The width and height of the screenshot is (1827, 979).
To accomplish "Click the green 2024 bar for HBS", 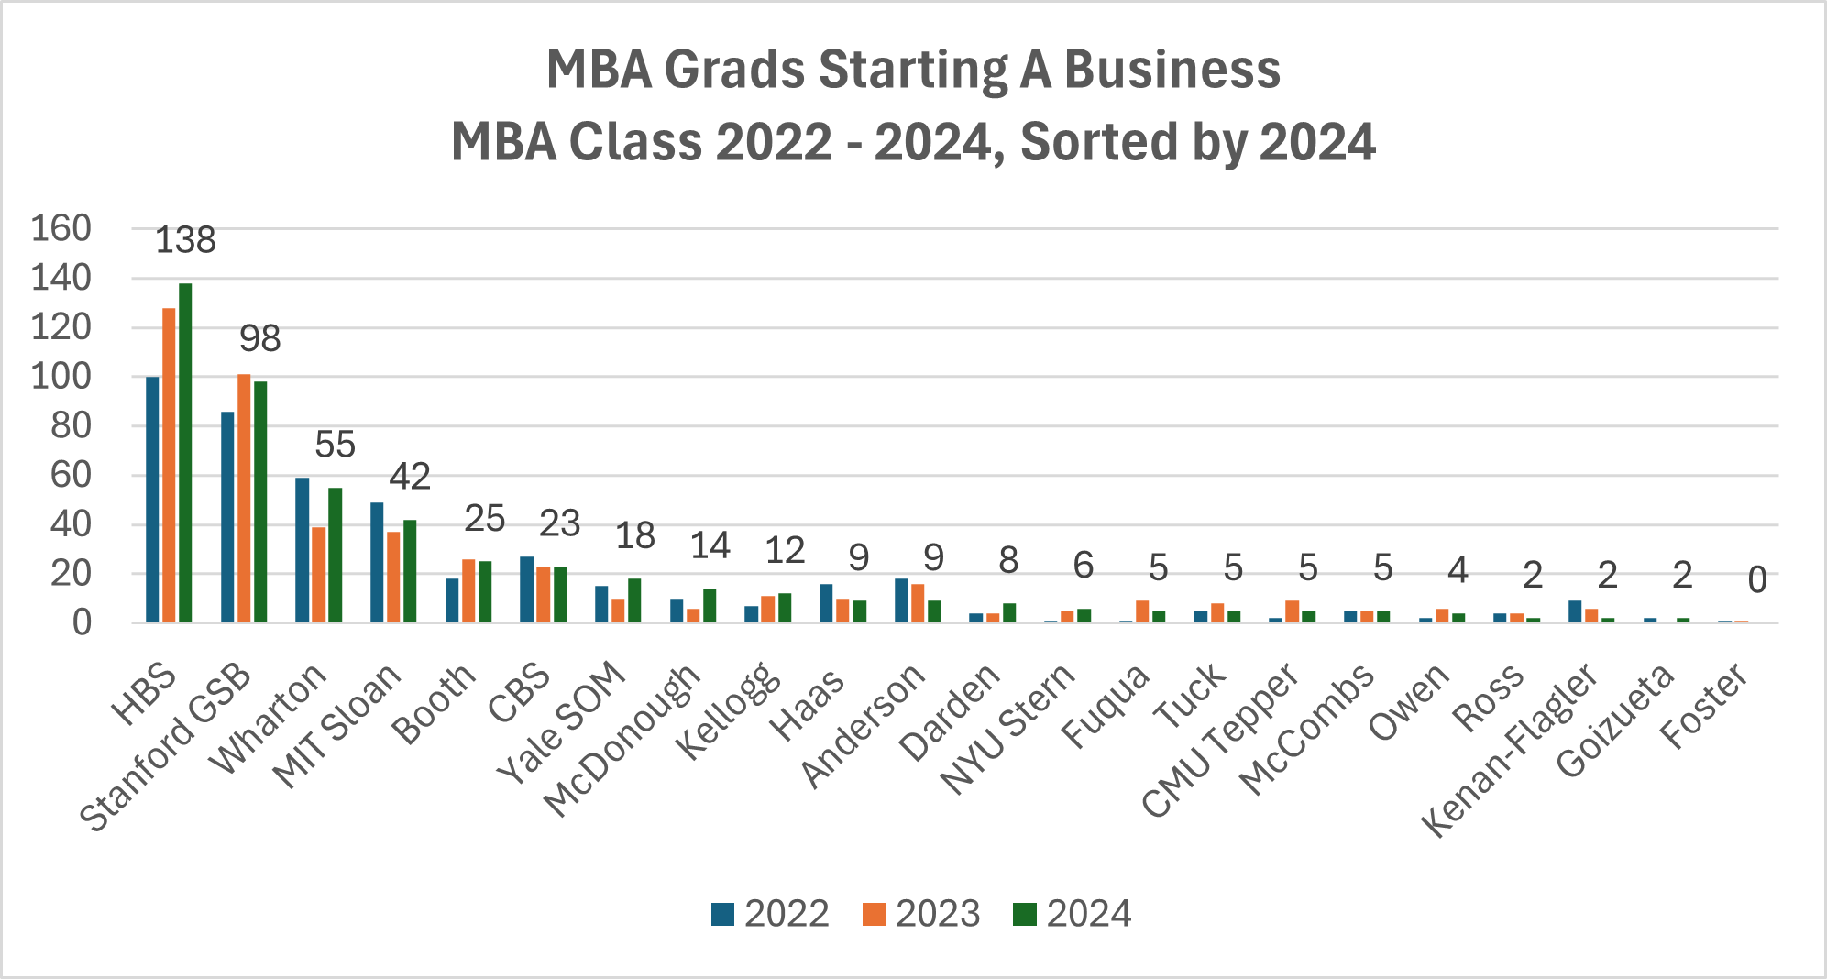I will coord(185,453).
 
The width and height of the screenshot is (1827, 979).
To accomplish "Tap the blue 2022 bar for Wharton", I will coord(303,550).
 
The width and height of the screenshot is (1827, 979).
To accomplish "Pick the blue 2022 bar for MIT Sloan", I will coord(377,562).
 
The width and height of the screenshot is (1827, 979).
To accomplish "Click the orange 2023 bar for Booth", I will coord(468,591).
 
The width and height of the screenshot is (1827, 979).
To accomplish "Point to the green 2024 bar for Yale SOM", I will coord(634,600).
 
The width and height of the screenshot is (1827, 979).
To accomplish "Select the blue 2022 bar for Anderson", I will coord(901,600).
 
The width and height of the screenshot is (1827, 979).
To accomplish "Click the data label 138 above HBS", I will coord(185,240).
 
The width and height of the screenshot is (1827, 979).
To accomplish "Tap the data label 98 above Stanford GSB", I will coord(260,339).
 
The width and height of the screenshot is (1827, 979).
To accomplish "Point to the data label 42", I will coord(410,477).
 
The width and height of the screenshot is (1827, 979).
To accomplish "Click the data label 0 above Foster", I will coord(1756,580).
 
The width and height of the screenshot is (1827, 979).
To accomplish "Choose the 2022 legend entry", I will coord(770,914).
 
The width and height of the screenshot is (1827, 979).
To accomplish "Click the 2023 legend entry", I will coord(921,914).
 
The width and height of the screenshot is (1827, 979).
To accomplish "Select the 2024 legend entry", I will coord(1073,914).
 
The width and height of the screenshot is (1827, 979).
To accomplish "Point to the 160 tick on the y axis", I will coord(61,228).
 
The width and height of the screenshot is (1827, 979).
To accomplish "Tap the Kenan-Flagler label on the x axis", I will coord(1511,749).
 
